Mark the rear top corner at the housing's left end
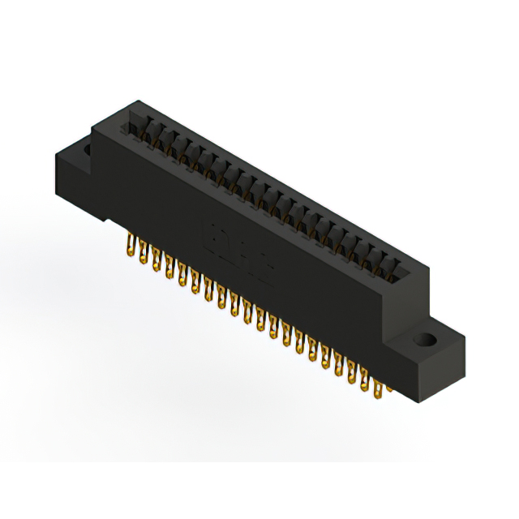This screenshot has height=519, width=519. pyautogui.click(x=130, y=103)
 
